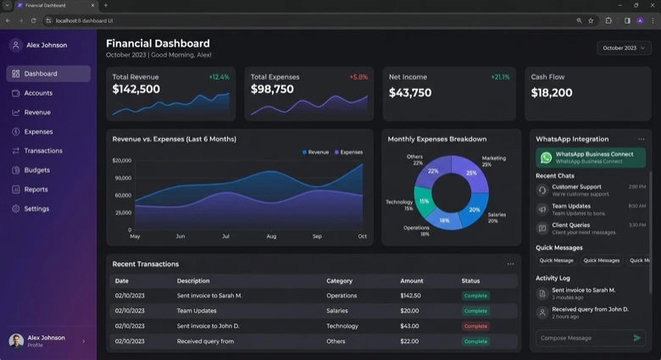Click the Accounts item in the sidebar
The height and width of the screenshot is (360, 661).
click(x=38, y=93)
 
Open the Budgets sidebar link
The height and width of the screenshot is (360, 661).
click(x=36, y=170)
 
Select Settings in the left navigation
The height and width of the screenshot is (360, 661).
click(x=36, y=208)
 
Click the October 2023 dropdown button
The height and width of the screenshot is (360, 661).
click(x=624, y=48)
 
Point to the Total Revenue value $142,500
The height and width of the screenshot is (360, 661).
click(x=136, y=90)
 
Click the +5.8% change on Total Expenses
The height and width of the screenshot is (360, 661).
click(x=358, y=77)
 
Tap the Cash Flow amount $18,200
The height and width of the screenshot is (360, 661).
click(x=552, y=92)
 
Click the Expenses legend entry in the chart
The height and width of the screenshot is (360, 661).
click(x=348, y=152)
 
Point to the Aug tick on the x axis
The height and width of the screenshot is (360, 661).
click(x=271, y=236)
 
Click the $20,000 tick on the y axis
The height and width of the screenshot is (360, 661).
click(x=122, y=160)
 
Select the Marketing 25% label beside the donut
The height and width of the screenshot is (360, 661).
click(x=494, y=161)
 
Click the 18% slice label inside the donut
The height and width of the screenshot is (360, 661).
click(x=444, y=220)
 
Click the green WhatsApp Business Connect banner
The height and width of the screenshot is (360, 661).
click(x=590, y=158)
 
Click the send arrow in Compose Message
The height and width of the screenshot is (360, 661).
click(x=637, y=338)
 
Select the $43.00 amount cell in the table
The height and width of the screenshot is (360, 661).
click(x=409, y=326)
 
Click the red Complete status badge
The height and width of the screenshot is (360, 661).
click(x=475, y=326)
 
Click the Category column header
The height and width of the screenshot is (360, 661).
click(x=339, y=280)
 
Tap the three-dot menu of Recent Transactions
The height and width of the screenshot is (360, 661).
click(x=510, y=264)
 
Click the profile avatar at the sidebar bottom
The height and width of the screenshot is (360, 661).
click(x=16, y=341)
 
